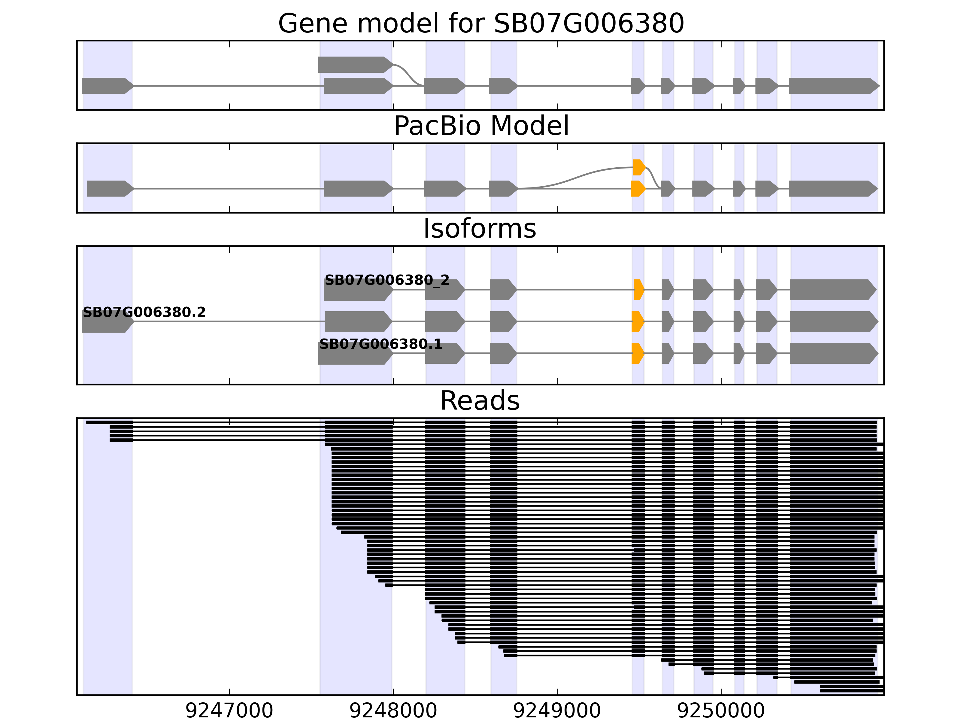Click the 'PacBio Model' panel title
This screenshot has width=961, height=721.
point(481,126)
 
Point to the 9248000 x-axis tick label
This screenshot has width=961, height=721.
point(393,711)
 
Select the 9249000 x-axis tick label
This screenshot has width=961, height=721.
point(557,711)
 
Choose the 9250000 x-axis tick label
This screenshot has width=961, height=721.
point(721,711)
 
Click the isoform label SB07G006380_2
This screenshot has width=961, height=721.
point(387,280)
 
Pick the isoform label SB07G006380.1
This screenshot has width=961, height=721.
point(380,345)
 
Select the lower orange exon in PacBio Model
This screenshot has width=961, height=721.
point(637,189)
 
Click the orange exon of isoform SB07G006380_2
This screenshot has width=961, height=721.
point(638,290)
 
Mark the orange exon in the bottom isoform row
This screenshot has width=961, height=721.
point(637,353)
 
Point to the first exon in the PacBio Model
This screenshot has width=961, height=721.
point(110,189)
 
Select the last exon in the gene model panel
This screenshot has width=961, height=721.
point(833,86)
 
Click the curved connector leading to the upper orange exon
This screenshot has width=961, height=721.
point(578,176)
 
